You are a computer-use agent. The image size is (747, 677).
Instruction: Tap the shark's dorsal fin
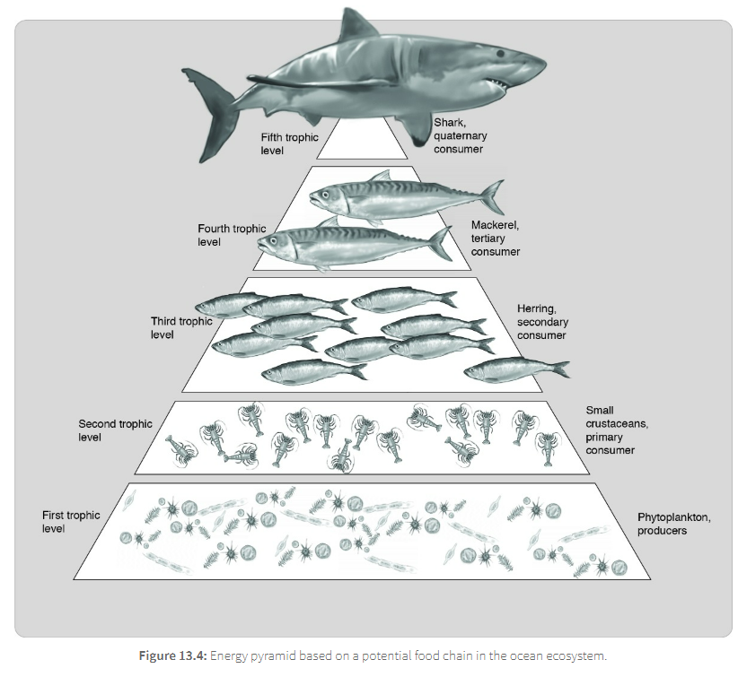pos(358,25)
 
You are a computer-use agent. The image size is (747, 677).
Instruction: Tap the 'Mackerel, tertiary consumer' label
pos(496,239)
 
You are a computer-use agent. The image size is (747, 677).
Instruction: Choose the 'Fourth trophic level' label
pos(232,235)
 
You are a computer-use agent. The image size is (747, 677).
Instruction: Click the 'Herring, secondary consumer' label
pos(542,322)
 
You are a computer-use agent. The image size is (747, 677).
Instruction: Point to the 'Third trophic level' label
pos(181,327)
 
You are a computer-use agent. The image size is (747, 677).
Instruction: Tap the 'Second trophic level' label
pos(115,430)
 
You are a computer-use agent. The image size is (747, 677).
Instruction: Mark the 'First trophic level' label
pos(71,522)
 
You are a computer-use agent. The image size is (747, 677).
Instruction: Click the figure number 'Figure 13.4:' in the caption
pos(173,655)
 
